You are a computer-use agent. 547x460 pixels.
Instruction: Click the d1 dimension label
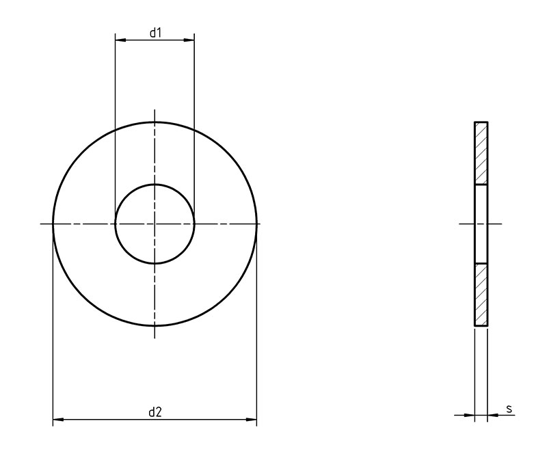point(155,33)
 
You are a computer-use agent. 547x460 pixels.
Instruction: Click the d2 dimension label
point(155,412)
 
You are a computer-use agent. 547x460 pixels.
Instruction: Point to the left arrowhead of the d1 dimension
point(120,40)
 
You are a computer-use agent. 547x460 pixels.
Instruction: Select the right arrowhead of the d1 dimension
point(189,40)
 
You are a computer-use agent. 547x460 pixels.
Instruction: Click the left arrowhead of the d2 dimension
point(58,419)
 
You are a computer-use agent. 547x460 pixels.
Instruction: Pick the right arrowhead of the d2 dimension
point(251,419)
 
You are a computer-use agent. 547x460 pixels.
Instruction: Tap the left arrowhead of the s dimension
point(469,415)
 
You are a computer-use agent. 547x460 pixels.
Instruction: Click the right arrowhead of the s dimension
point(492,415)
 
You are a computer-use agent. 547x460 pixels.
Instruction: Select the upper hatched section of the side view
point(481,153)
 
